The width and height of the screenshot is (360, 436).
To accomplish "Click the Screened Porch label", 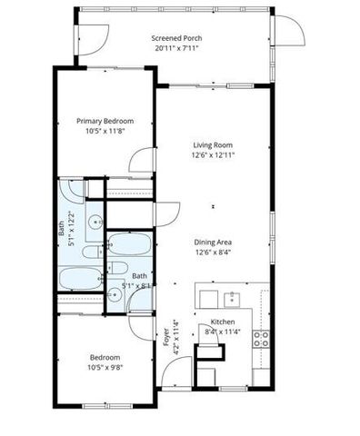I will (x=177, y=38).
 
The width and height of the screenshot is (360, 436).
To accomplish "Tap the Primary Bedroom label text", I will (x=105, y=121).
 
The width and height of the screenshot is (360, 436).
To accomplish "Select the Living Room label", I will (x=214, y=144).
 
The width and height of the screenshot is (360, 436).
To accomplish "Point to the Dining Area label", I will (x=214, y=242).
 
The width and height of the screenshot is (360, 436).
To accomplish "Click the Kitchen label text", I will (x=224, y=322).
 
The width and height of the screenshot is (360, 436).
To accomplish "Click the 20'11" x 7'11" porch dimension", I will (x=177, y=48).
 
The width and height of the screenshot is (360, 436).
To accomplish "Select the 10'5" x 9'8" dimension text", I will (x=105, y=367).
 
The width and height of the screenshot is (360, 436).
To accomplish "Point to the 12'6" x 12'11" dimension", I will (x=214, y=155).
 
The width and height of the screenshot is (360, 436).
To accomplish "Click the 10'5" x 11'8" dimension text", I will (x=105, y=131).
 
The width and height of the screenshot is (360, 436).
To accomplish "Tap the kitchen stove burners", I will (x=260, y=339).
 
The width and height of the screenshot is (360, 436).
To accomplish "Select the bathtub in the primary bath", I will (x=80, y=276).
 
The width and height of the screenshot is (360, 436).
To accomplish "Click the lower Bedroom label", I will (x=105, y=356).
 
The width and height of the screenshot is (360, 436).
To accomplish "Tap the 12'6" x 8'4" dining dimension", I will (x=214, y=253).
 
